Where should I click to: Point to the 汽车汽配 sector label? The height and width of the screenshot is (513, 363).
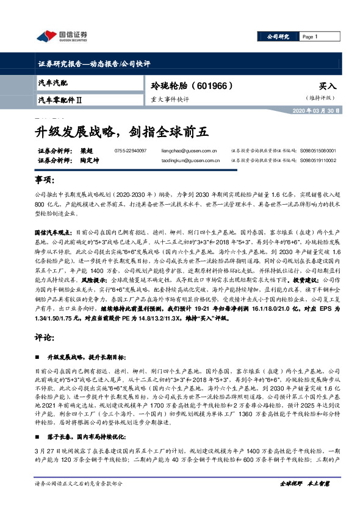(53, 82)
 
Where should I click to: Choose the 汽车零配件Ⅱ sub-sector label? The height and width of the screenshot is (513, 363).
(60, 99)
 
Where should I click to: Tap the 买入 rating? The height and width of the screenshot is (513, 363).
(327, 86)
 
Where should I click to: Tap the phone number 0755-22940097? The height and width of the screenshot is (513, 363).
(131, 150)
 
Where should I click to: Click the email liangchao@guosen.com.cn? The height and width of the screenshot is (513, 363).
(189, 150)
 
